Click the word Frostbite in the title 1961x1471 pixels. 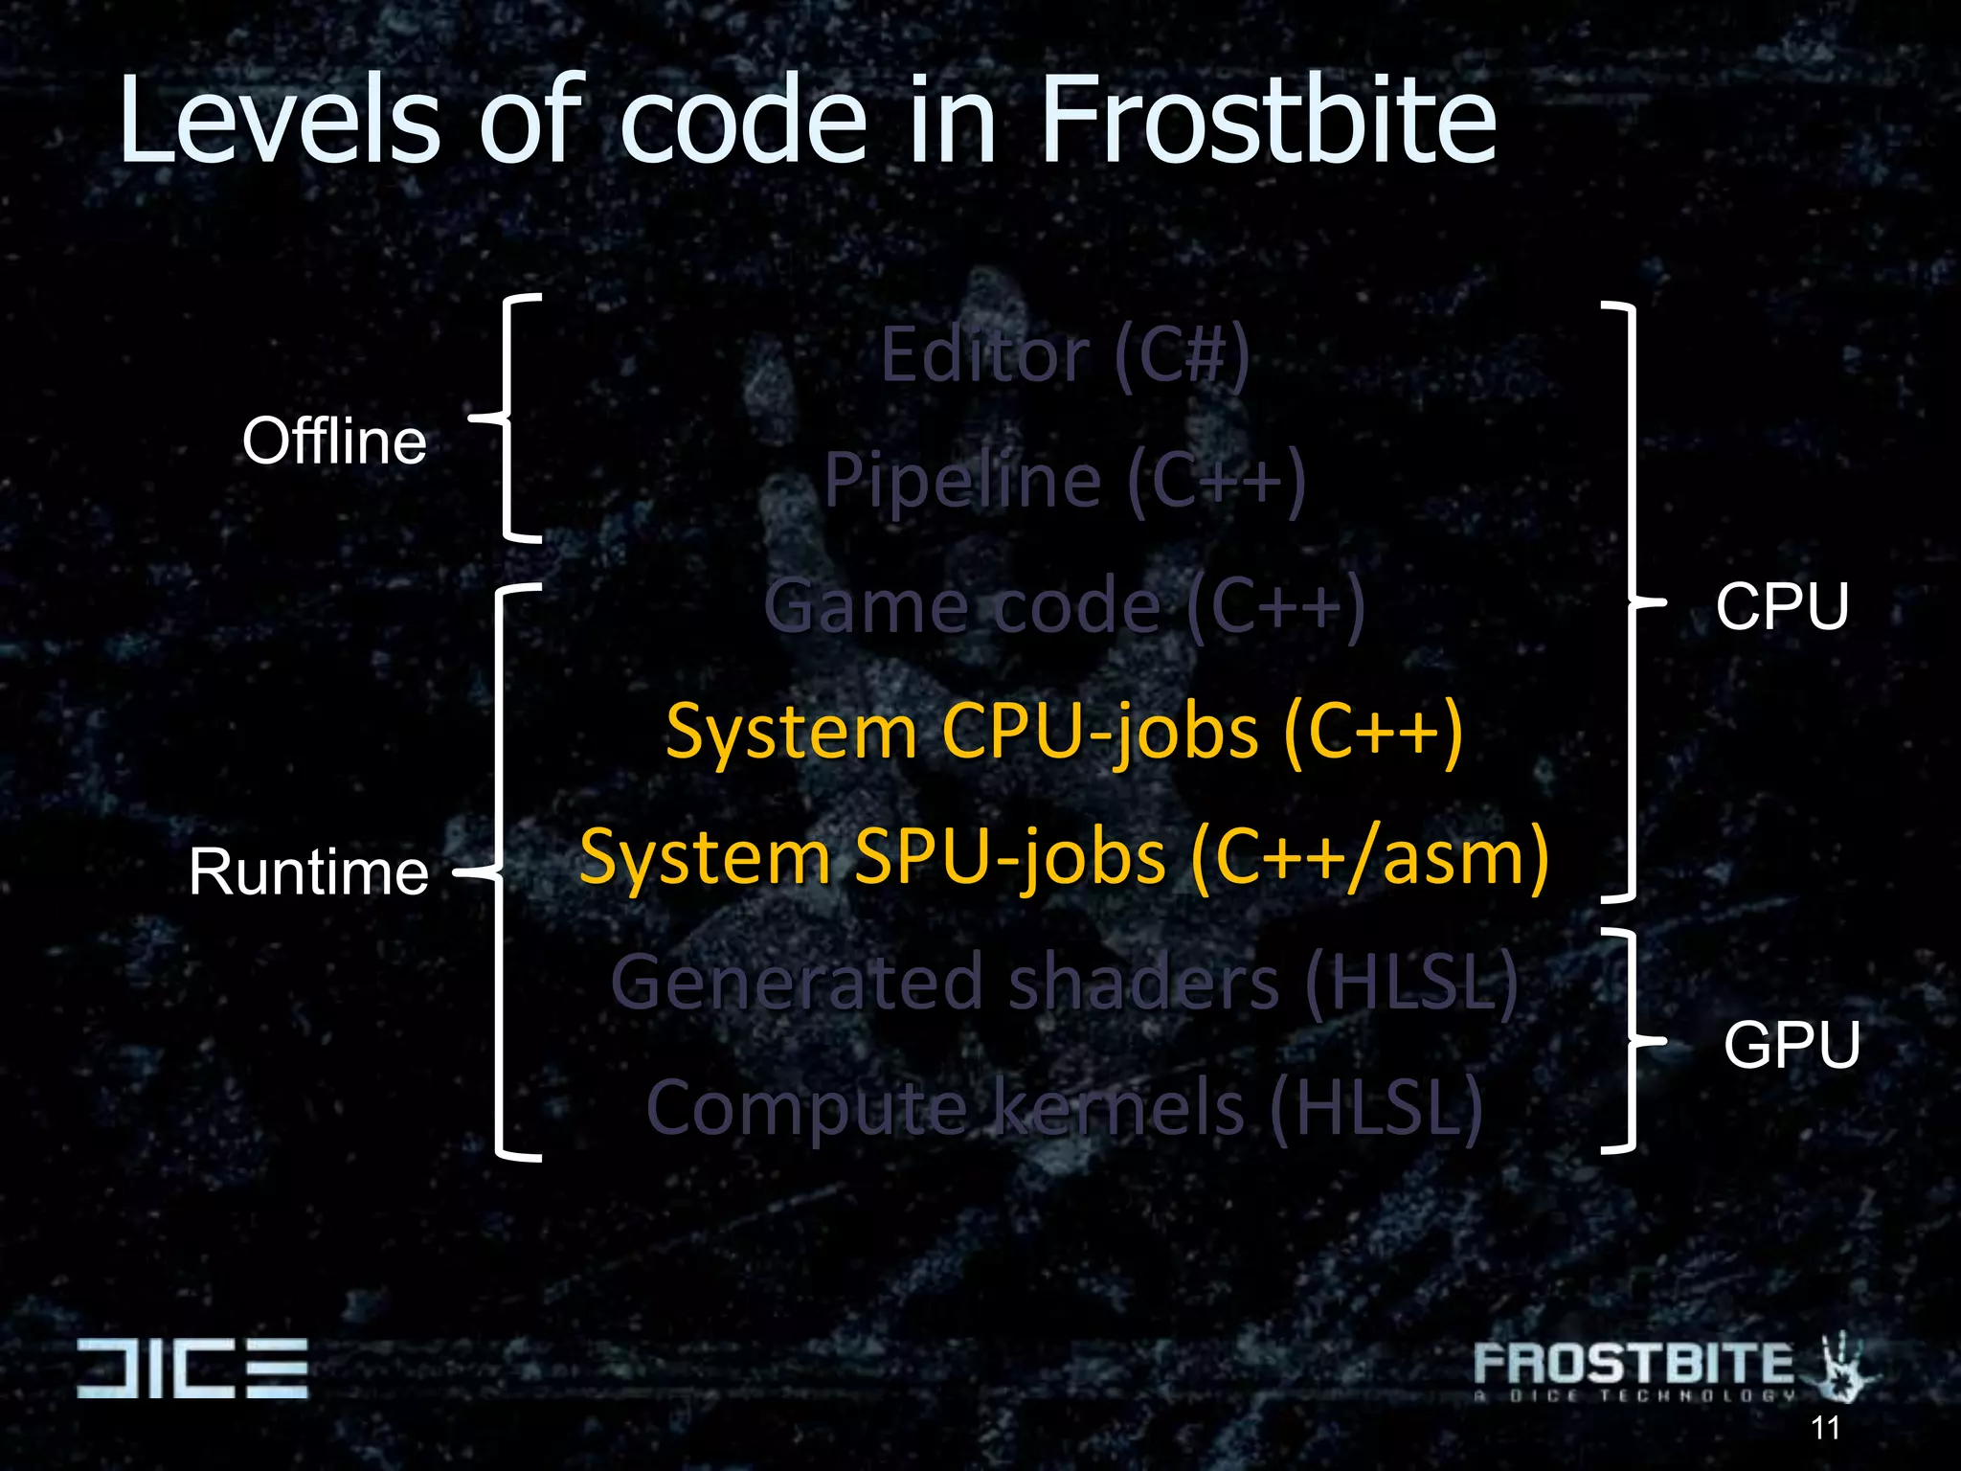pos(1267,122)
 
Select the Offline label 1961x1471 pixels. pos(334,441)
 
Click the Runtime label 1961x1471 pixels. pos(308,872)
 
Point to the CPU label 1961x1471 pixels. pos(1782,606)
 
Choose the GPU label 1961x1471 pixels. pos(1792,1044)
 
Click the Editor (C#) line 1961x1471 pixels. pos(1065,355)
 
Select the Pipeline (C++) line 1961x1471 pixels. pos(1065,480)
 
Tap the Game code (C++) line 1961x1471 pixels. pos(1064,606)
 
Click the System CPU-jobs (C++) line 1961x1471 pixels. pos(1064,733)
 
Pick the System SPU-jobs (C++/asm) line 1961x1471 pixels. pos(1064,858)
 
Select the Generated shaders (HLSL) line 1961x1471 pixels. pos(1064,983)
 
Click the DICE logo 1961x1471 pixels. pos(192,1368)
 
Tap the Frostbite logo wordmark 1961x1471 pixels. pos(1633,1364)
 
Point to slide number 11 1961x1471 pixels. pos(1825,1428)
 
